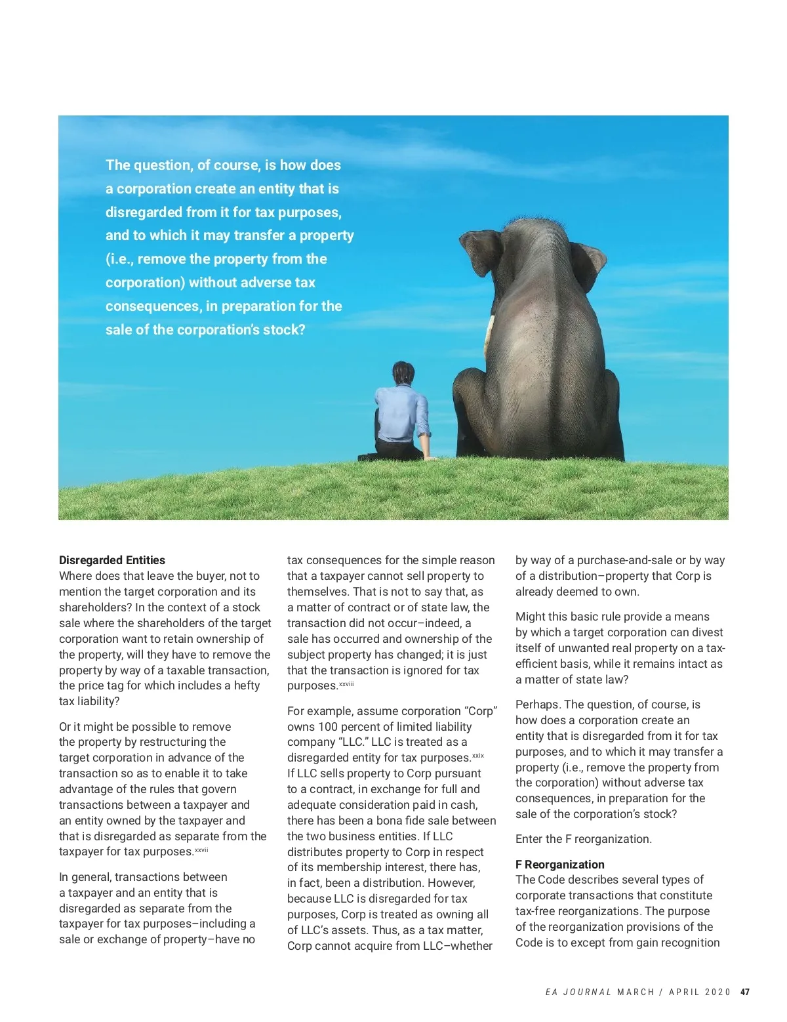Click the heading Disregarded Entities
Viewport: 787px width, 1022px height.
[x=111, y=560]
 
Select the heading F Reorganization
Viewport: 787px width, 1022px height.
[x=559, y=864]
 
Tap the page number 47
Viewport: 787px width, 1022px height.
[x=745, y=992]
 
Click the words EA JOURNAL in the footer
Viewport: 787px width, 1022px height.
[x=578, y=992]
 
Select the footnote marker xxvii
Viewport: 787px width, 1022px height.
[x=201, y=849]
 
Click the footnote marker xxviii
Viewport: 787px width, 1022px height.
[x=346, y=684]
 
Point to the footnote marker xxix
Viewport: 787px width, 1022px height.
[x=477, y=756]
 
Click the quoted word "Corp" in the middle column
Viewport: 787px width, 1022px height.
[x=480, y=711]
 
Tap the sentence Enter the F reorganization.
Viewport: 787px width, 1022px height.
[x=583, y=839]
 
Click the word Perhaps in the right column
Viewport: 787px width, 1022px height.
[x=537, y=705]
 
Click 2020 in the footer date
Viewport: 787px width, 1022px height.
[x=717, y=992]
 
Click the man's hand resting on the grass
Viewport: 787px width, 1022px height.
[x=430, y=457]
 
